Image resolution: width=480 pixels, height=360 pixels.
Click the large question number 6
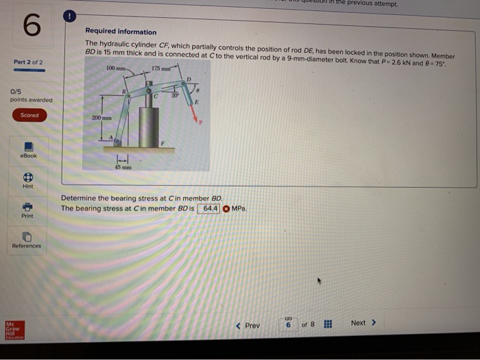(x=30, y=28)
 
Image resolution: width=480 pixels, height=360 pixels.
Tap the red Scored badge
(x=29, y=115)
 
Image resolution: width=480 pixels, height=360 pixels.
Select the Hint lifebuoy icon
(x=29, y=177)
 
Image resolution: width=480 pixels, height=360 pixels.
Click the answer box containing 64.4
(x=208, y=208)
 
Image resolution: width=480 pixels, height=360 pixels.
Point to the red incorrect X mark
(x=225, y=208)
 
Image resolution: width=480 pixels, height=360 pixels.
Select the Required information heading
(x=121, y=32)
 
